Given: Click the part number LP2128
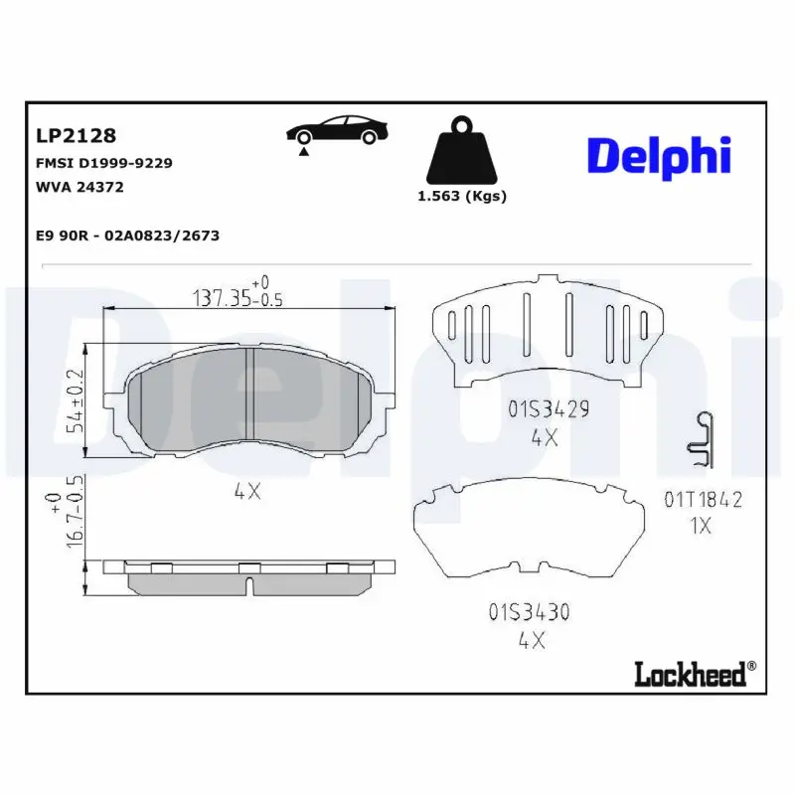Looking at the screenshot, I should [x=77, y=135].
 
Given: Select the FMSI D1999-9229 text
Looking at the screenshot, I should [x=104, y=162].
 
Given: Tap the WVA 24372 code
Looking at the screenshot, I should [x=79, y=186].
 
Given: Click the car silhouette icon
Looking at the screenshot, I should [x=336, y=132].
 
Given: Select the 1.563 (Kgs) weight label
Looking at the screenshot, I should [x=462, y=196].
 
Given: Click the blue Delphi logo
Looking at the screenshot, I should [x=659, y=156].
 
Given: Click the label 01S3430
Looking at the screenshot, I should [x=529, y=612].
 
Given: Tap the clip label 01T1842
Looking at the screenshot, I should [x=704, y=500].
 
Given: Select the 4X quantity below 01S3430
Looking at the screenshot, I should [x=532, y=641].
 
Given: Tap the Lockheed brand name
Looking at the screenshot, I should [x=689, y=675].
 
